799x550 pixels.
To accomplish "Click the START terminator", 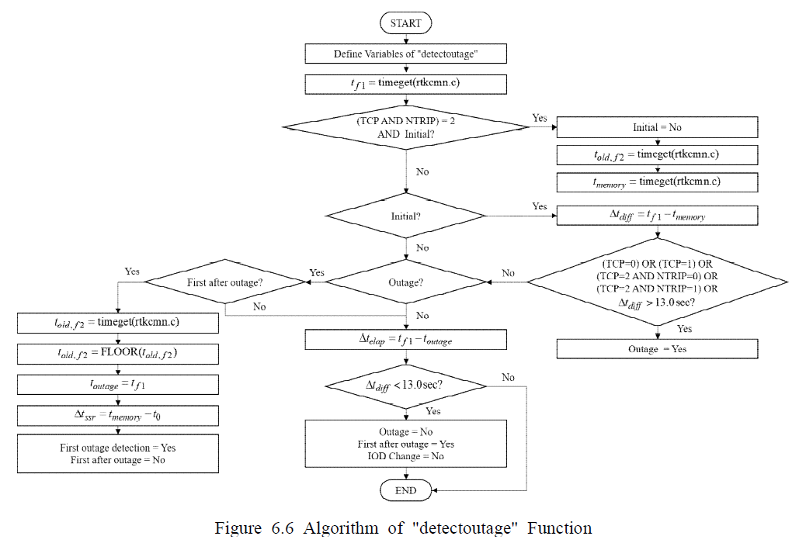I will (405, 23).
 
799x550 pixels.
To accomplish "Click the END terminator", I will (405, 490).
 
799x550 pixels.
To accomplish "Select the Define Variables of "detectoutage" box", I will (405, 54).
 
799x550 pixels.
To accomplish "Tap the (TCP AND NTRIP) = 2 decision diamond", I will (405, 127).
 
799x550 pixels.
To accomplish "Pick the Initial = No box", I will (657, 127).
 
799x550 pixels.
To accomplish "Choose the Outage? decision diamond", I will (405, 282).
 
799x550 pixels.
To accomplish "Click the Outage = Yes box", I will (657, 349).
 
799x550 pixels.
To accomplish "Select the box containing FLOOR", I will (116, 353).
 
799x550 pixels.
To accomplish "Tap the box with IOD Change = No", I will (405, 444).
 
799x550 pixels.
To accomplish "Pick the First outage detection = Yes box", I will (116, 454).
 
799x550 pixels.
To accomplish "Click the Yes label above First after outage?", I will (132, 272).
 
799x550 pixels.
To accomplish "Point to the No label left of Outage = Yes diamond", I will (508, 273).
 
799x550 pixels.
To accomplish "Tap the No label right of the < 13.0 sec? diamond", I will (508, 377).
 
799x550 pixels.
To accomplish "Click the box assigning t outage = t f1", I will (116, 384).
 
